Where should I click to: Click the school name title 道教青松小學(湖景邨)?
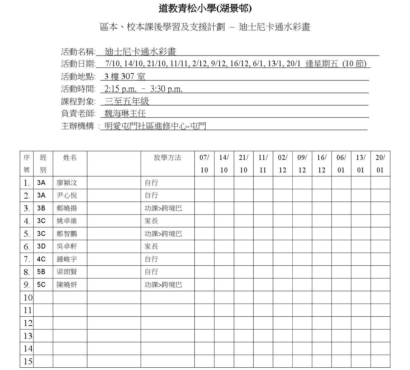tap(205, 9)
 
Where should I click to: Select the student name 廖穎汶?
tap(67, 183)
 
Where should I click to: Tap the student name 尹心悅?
tap(67, 195)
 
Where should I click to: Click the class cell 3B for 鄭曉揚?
tap(41, 208)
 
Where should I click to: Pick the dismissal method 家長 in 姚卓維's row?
tap(151, 221)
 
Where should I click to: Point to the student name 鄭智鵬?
tap(67, 234)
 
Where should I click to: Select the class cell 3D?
tap(41, 246)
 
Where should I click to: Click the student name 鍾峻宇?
tap(67, 259)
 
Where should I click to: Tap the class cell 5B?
tap(41, 272)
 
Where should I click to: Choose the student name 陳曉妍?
tap(67, 285)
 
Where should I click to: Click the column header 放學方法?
tap(168, 158)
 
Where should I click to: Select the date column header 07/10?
tap(204, 164)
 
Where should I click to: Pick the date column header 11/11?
tap(263, 164)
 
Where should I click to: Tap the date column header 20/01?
tap(380, 164)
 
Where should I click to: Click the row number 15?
tap(28, 361)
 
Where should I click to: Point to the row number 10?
tap(28, 298)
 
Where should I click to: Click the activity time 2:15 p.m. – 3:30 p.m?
tap(143, 89)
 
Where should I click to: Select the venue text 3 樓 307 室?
tap(125, 77)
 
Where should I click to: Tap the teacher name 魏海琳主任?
tap(125, 114)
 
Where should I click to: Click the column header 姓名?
tap(70, 158)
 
